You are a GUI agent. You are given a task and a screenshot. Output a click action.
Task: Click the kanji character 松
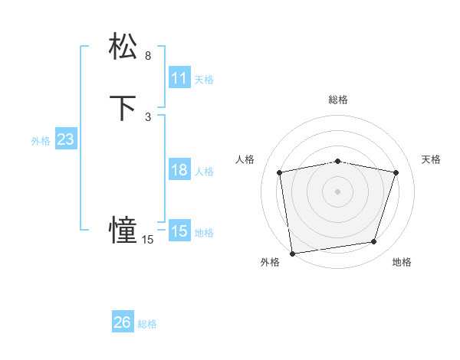coord(123,46)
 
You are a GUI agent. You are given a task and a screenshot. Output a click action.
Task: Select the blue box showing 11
coord(179,78)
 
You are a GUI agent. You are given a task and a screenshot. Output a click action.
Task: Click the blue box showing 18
coord(179,171)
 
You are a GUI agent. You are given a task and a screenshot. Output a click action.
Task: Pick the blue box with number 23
coord(65,139)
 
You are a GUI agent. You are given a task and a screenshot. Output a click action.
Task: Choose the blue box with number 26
coord(122,322)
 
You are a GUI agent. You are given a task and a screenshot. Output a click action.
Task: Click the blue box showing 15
coord(179,231)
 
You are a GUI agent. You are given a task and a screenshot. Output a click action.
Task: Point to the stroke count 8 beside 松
coord(148,56)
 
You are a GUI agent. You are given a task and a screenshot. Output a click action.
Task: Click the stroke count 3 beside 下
coord(148,117)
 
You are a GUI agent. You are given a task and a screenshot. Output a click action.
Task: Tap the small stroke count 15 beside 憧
coord(147,240)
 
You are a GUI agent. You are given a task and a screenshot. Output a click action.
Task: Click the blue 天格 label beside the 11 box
coord(203,80)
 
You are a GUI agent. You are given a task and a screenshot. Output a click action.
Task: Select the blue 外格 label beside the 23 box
coord(41,141)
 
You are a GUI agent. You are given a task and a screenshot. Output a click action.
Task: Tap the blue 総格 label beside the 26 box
coord(147,324)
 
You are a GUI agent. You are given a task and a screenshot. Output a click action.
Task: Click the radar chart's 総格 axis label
coord(338,100)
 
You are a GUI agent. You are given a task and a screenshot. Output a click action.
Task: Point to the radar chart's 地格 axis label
coord(402,262)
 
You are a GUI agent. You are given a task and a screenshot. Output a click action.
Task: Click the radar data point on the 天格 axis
coord(396,172)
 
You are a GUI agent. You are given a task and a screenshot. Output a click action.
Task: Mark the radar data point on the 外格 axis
coord(292,253)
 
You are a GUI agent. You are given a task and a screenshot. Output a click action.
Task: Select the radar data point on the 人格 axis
coord(280,172)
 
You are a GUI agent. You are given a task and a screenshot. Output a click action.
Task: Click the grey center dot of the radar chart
coord(338,191)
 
